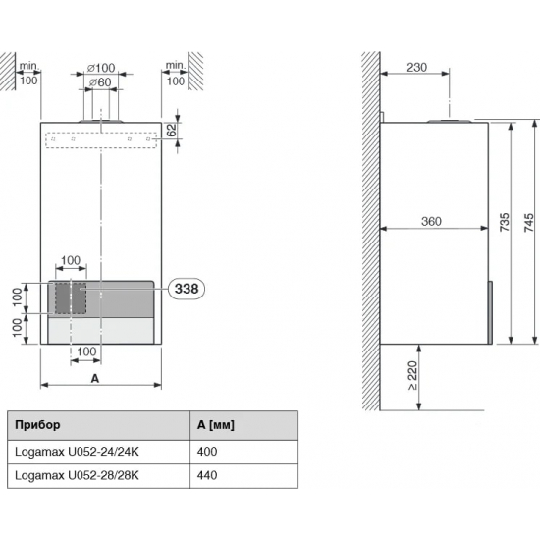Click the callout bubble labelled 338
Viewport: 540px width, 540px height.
point(187,289)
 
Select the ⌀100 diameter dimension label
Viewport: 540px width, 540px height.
point(101,68)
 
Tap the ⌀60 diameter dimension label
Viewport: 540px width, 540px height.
point(100,82)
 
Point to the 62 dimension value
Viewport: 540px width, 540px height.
point(171,130)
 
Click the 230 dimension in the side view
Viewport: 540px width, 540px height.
point(416,67)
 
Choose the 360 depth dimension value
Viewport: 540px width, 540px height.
point(431,221)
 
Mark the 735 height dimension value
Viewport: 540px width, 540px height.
point(505,222)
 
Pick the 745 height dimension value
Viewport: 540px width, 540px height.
point(528,222)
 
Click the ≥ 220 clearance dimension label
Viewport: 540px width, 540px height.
point(412,376)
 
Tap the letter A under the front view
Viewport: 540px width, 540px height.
point(94,379)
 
